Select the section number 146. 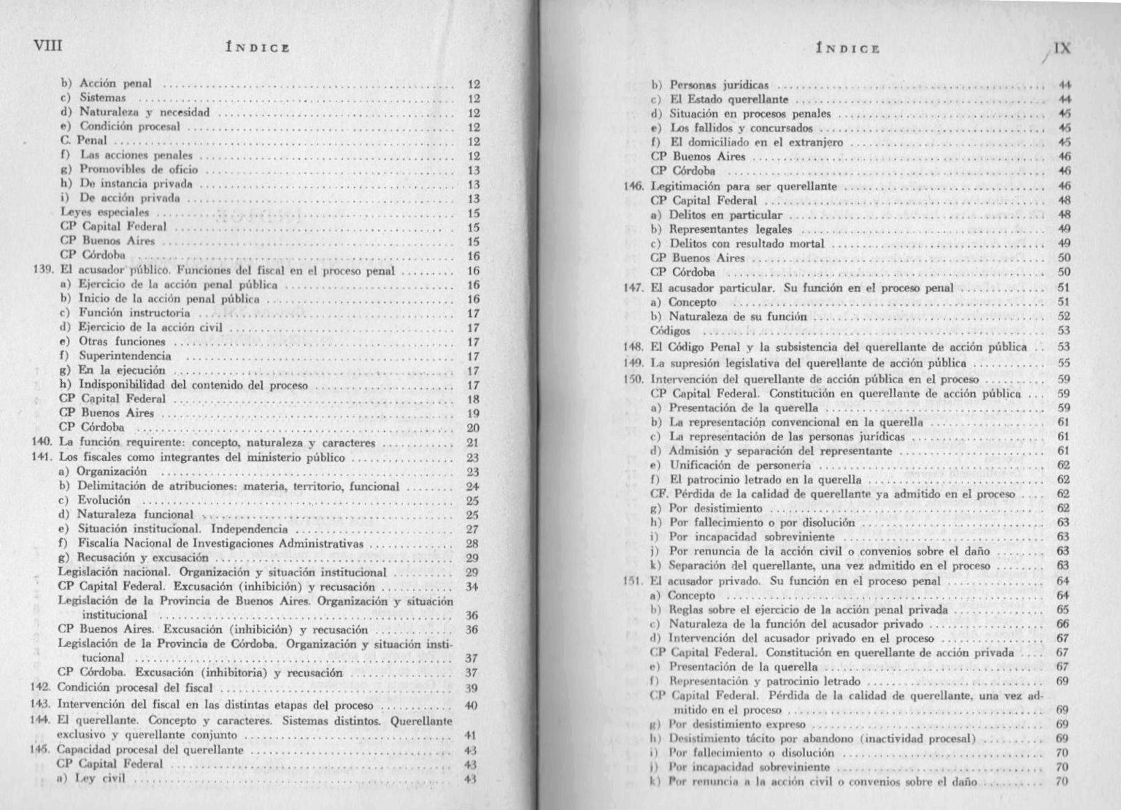[632, 186]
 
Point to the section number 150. [632, 379]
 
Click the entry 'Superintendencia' [125, 356]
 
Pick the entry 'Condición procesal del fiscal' [135, 687]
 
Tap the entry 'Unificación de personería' [740, 465]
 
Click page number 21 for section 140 [472, 443]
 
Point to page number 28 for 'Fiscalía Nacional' [472, 543]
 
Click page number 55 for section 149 [1063, 363]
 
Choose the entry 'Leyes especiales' [104, 213]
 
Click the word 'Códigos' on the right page [670, 331]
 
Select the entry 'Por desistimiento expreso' [737, 725]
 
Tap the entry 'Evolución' [104, 500]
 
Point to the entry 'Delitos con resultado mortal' [747, 244]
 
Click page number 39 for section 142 [472, 688]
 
